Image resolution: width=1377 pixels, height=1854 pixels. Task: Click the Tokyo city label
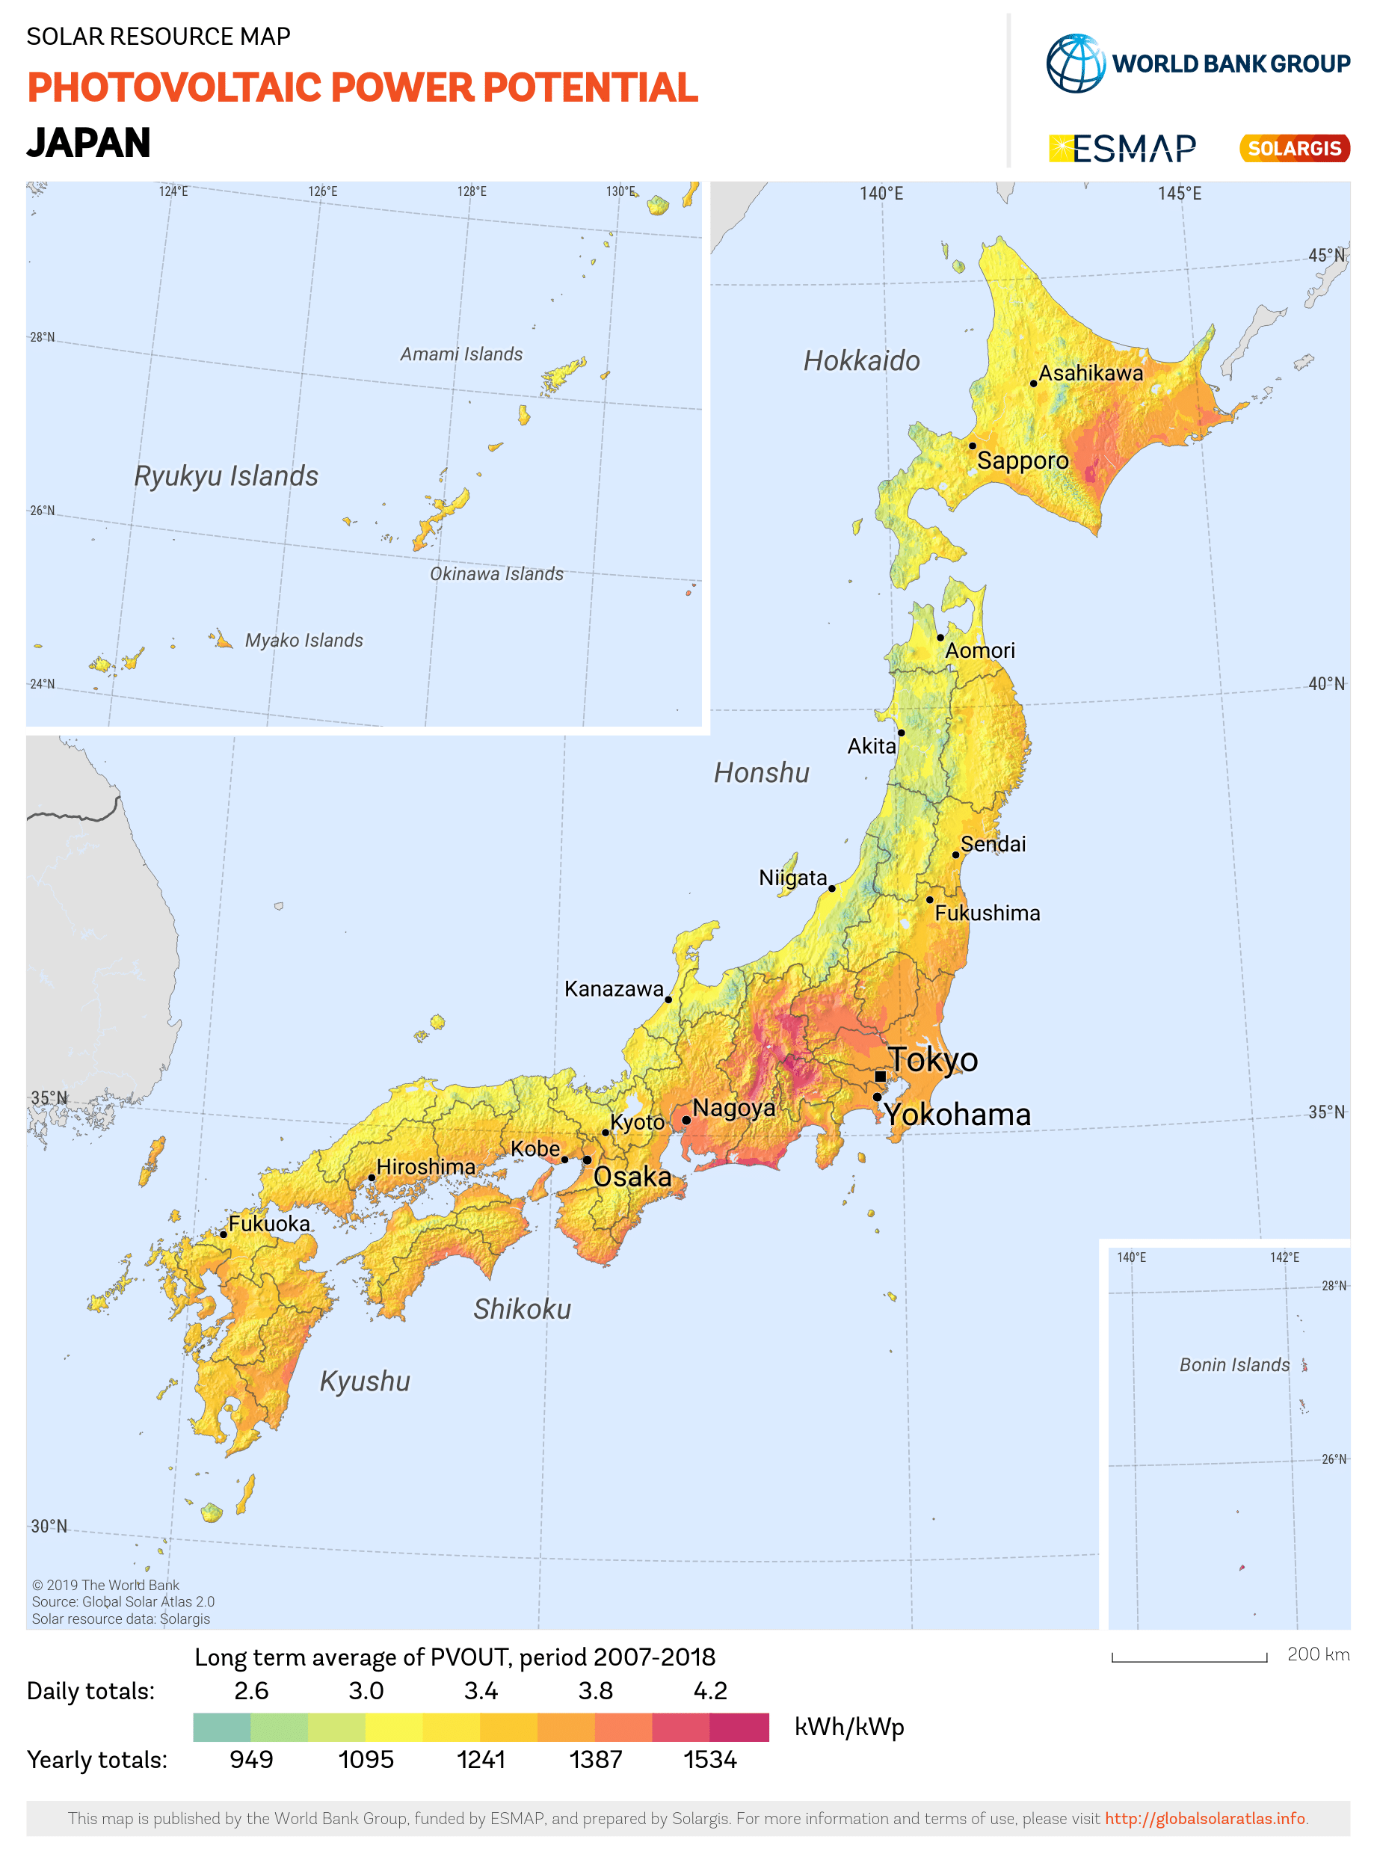[933, 1059]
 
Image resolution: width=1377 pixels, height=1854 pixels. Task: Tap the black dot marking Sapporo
[972, 445]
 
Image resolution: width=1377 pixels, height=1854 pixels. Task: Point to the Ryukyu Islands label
[226, 476]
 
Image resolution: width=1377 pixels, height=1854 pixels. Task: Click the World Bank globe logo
[1075, 64]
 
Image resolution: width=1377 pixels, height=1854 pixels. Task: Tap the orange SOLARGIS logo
[1295, 148]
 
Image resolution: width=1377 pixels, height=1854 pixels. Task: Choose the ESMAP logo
[1122, 148]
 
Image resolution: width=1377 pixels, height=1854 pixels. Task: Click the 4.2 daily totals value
[710, 1690]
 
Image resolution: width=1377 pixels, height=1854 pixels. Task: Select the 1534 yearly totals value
[710, 1759]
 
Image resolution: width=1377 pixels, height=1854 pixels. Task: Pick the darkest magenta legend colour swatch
[739, 1726]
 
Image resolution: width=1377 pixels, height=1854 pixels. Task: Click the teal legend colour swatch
[222, 1726]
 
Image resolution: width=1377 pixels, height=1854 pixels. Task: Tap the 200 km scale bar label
[1318, 1654]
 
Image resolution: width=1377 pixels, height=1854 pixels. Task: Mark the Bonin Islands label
[1233, 1364]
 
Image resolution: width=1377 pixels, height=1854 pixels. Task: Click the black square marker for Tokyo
[880, 1077]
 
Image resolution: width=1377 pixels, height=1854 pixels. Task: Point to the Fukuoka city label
[269, 1223]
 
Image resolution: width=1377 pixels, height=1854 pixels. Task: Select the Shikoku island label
[522, 1309]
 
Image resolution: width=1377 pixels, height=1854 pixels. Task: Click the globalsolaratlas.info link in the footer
[1204, 1818]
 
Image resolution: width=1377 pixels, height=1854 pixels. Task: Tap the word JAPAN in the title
[89, 143]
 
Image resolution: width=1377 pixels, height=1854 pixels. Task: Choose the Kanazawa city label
[614, 989]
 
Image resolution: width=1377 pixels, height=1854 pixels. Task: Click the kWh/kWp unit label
[848, 1726]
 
